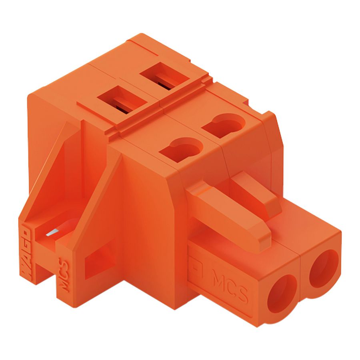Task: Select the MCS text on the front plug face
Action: click(x=229, y=285)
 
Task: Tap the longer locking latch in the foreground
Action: click(x=224, y=212)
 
